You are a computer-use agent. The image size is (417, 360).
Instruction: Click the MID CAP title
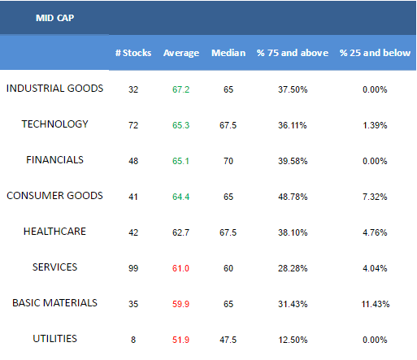click(x=54, y=18)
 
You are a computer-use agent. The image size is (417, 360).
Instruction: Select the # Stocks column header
click(x=133, y=53)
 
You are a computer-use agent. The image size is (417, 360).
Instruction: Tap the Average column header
click(x=181, y=53)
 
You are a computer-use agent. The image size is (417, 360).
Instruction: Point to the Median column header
click(x=228, y=53)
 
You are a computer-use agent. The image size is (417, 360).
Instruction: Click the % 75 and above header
click(x=293, y=53)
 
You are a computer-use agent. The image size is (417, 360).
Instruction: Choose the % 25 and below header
click(x=375, y=53)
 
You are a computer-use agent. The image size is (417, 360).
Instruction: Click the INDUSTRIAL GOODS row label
click(x=54, y=89)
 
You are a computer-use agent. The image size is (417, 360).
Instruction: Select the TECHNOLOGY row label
click(x=54, y=124)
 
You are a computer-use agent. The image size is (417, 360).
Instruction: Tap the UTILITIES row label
click(x=54, y=339)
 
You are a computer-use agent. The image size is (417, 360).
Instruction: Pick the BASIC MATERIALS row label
click(x=54, y=303)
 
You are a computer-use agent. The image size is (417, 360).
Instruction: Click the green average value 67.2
click(x=180, y=89)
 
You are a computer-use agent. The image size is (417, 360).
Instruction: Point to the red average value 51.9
click(x=180, y=340)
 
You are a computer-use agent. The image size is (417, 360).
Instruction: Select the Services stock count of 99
click(x=133, y=268)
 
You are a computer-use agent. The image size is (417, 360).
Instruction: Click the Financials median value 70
click(x=228, y=161)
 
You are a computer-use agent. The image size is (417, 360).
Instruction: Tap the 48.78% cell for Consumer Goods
click(x=293, y=197)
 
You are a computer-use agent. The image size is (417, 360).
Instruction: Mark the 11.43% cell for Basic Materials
click(x=376, y=304)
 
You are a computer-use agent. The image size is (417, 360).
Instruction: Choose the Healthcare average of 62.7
click(x=180, y=232)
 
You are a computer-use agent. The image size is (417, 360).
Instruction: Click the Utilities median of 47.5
click(x=228, y=340)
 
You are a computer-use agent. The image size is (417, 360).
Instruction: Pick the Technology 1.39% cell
click(x=375, y=125)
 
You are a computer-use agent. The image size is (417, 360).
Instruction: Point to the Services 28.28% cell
click(x=293, y=268)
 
